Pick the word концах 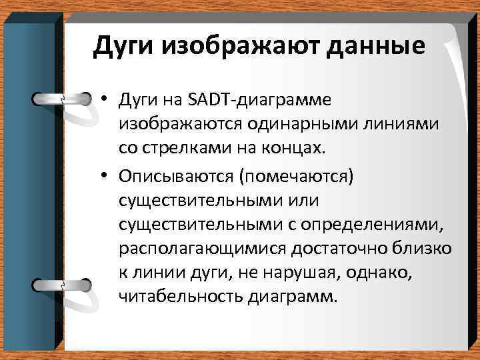295,149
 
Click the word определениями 377,223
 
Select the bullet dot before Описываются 106,175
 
